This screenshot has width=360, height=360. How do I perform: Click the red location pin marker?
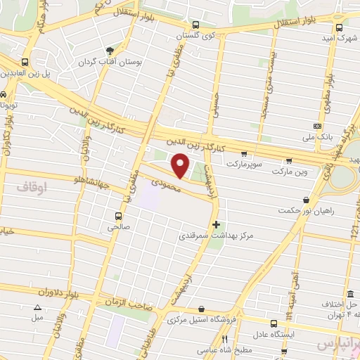pos(181,165)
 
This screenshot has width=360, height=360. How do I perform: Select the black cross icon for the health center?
pos(215,224)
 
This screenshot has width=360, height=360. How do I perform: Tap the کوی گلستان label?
pos(198,35)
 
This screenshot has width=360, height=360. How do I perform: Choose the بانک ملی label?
pos(313,138)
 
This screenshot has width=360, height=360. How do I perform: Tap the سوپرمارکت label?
pos(243,163)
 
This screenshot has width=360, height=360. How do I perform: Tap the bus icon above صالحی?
pos(118,215)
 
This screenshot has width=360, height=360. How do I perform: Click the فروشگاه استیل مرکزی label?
pos(200,320)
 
